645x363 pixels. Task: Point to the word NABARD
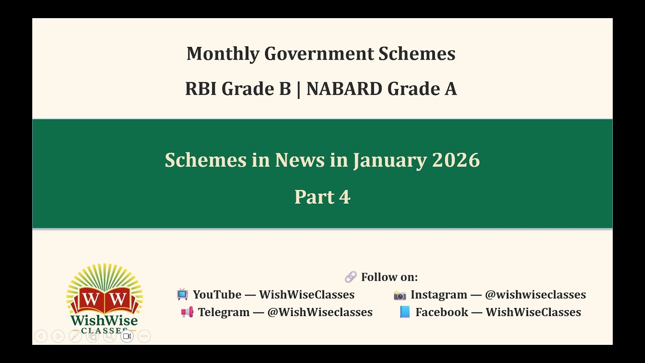pos(344,89)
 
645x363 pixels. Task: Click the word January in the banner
pos(390,160)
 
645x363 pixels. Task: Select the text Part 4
pos(322,197)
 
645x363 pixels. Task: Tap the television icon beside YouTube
pos(182,294)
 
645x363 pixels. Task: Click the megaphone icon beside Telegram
pos(187,313)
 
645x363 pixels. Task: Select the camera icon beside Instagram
pos(400,295)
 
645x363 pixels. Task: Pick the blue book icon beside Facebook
pos(405,312)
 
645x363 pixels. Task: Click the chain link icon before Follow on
pos(350,277)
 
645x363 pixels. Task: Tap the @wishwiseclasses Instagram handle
pos(535,295)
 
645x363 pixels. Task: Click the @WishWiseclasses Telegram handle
pos(320,313)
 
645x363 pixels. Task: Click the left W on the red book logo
pos(91,298)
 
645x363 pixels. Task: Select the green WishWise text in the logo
pos(104,321)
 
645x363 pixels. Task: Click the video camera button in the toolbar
pos(127,336)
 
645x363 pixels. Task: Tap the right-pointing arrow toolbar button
pos(58,336)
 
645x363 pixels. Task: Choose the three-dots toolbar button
pos(144,336)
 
